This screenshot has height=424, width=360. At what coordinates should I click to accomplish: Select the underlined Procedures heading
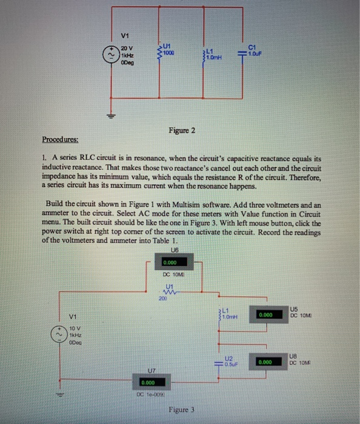(x=60, y=139)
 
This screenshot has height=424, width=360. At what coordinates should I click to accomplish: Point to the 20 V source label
(x=127, y=47)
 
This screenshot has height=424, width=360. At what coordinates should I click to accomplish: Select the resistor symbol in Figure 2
(x=159, y=50)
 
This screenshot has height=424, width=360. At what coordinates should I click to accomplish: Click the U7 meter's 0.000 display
(x=147, y=382)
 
